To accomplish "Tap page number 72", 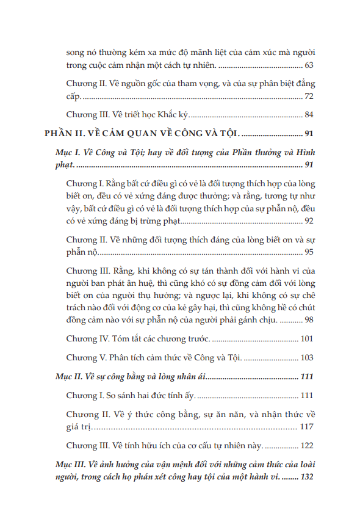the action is [309, 96].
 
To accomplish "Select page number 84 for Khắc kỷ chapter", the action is [309, 114].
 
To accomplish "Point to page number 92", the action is [309, 220].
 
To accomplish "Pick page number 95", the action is [309, 252].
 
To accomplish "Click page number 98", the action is [309, 321].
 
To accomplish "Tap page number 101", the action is [307, 339].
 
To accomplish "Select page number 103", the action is [307, 357].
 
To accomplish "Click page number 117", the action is [307, 427].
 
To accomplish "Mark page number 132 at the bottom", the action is [307, 477].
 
